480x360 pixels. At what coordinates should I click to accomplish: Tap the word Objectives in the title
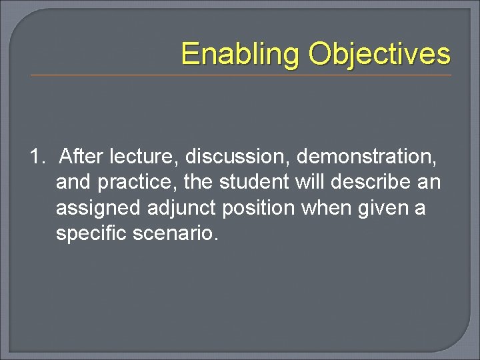click(379, 55)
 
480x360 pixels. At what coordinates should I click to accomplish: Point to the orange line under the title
click(241, 75)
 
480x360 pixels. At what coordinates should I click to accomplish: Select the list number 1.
click(37, 157)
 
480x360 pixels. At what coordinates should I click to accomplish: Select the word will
click(312, 183)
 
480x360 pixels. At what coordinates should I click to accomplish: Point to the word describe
click(373, 183)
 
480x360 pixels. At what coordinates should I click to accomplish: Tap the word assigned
click(99, 209)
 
